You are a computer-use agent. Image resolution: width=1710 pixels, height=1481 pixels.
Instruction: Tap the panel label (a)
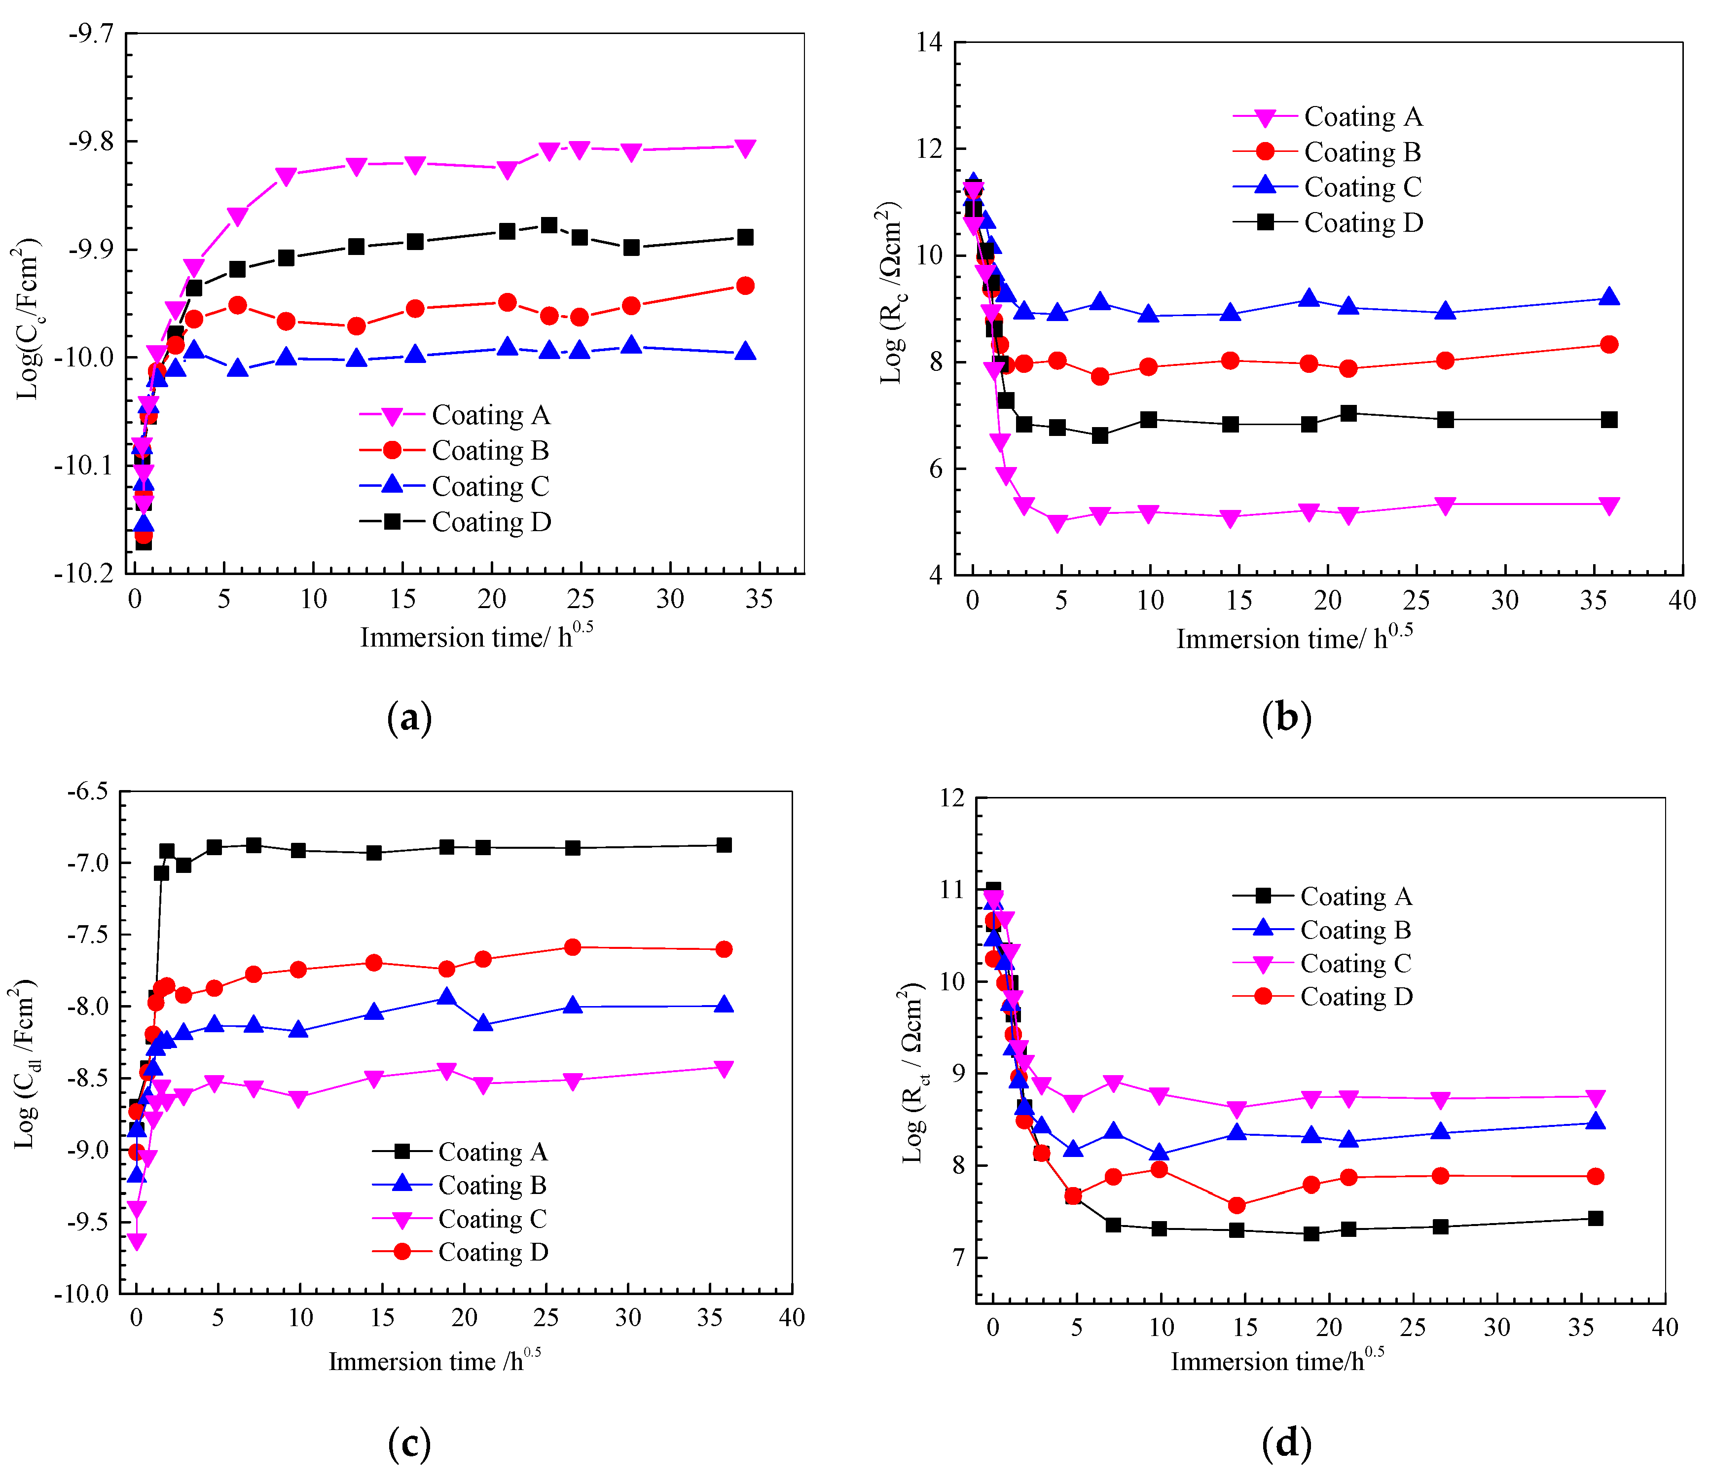click(x=409, y=718)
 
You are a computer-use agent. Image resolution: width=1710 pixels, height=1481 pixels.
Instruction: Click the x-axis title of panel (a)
click(x=476, y=637)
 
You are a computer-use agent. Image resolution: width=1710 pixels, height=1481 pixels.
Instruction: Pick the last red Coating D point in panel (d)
click(x=1595, y=1176)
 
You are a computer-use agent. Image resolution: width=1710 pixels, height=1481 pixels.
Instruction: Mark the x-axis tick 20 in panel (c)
click(x=464, y=1317)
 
